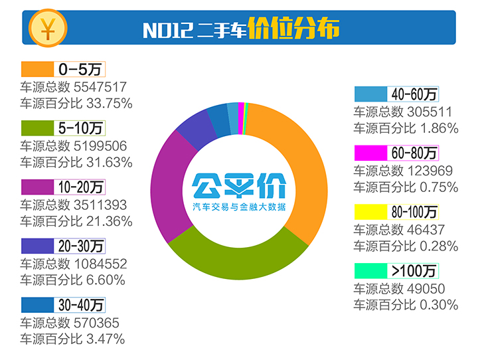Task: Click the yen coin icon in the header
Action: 47,28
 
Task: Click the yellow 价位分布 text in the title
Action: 294,29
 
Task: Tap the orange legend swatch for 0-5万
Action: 37,68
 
